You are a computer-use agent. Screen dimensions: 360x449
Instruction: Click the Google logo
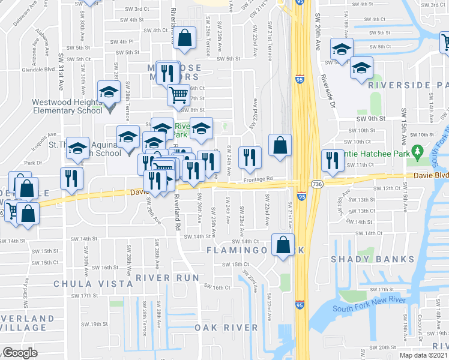(20, 353)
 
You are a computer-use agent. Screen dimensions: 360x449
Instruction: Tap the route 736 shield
(318, 184)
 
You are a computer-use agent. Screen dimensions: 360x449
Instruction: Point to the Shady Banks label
(373, 259)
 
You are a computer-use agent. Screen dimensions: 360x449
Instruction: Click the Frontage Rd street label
(258, 178)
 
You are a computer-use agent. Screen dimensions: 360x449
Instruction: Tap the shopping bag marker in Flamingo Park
(282, 244)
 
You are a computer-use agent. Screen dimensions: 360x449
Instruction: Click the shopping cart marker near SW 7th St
(179, 95)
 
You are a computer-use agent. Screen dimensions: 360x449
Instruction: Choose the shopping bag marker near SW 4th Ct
(185, 38)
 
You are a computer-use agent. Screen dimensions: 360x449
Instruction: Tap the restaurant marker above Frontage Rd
(250, 158)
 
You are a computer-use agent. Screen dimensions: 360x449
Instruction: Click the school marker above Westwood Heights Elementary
(109, 92)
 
